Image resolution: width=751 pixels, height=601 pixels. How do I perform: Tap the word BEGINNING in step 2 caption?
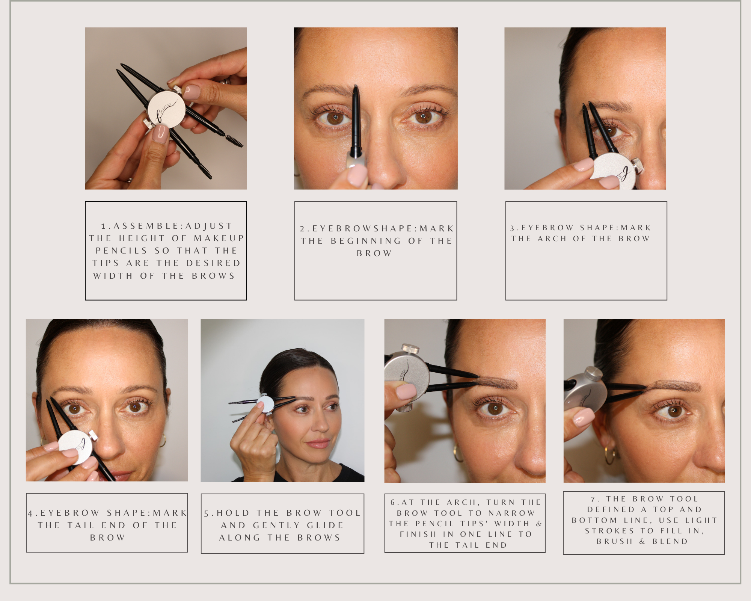tap(365, 241)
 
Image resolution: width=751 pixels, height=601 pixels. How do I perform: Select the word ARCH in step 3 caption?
tap(552, 239)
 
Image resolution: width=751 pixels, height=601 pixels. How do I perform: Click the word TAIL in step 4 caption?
tap(81, 525)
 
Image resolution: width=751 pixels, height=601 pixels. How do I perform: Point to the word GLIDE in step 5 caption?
tap(325, 525)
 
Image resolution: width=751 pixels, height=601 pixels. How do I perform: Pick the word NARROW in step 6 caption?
tap(511, 513)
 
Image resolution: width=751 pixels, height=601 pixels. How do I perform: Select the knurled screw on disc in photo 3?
tap(637, 165)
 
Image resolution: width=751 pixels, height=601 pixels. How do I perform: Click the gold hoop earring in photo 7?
tap(609, 455)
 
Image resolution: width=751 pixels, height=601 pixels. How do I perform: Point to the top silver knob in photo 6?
tap(410, 348)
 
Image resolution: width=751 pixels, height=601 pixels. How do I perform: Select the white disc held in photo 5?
tap(267, 404)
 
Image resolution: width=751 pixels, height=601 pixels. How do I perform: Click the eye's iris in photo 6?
tap(495, 408)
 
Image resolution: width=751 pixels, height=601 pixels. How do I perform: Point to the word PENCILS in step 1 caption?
tap(121, 251)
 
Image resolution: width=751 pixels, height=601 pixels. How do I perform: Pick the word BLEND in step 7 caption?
tap(670, 541)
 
